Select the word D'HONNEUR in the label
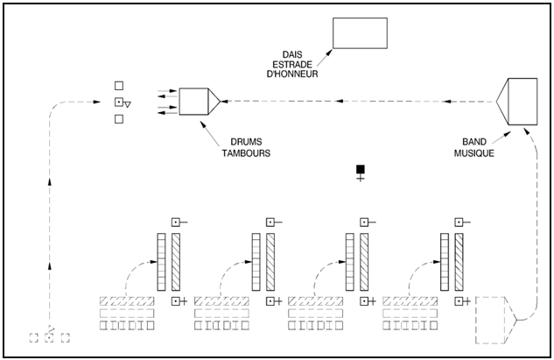point(292,75)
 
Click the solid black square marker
point(360,168)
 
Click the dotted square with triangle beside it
point(119,102)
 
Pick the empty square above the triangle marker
point(119,86)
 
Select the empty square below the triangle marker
point(119,119)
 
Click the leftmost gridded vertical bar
point(161,262)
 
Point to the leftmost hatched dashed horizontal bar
point(128,301)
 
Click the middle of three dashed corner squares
point(49,338)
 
